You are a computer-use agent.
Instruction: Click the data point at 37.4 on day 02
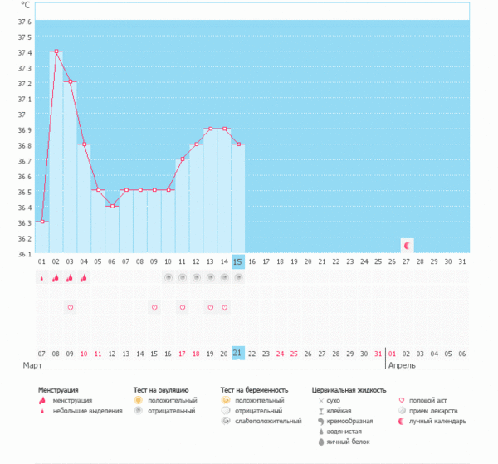[56, 51]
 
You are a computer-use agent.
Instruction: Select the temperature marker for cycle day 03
[71, 82]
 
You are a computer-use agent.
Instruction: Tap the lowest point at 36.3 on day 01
[42, 222]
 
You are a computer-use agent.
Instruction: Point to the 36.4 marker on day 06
[113, 206]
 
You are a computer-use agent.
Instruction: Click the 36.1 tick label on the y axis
[24, 253]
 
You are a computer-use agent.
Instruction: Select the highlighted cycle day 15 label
[238, 262]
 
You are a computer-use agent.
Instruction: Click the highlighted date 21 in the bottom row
[238, 353]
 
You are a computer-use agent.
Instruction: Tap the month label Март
[32, 364]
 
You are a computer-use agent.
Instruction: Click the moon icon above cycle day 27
[407, 246]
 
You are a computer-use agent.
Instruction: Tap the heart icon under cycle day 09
[154, 308]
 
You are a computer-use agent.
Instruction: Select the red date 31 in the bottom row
[378, 353]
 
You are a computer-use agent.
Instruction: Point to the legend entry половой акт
[432, 400]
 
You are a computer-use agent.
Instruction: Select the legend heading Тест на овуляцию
[161, 389]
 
